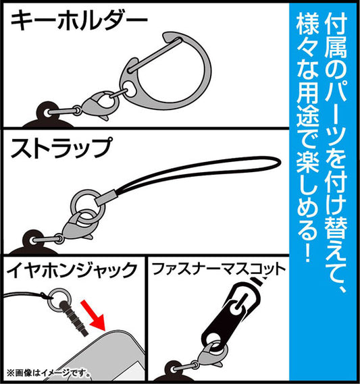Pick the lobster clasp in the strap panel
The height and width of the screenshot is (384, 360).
point(76,226)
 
